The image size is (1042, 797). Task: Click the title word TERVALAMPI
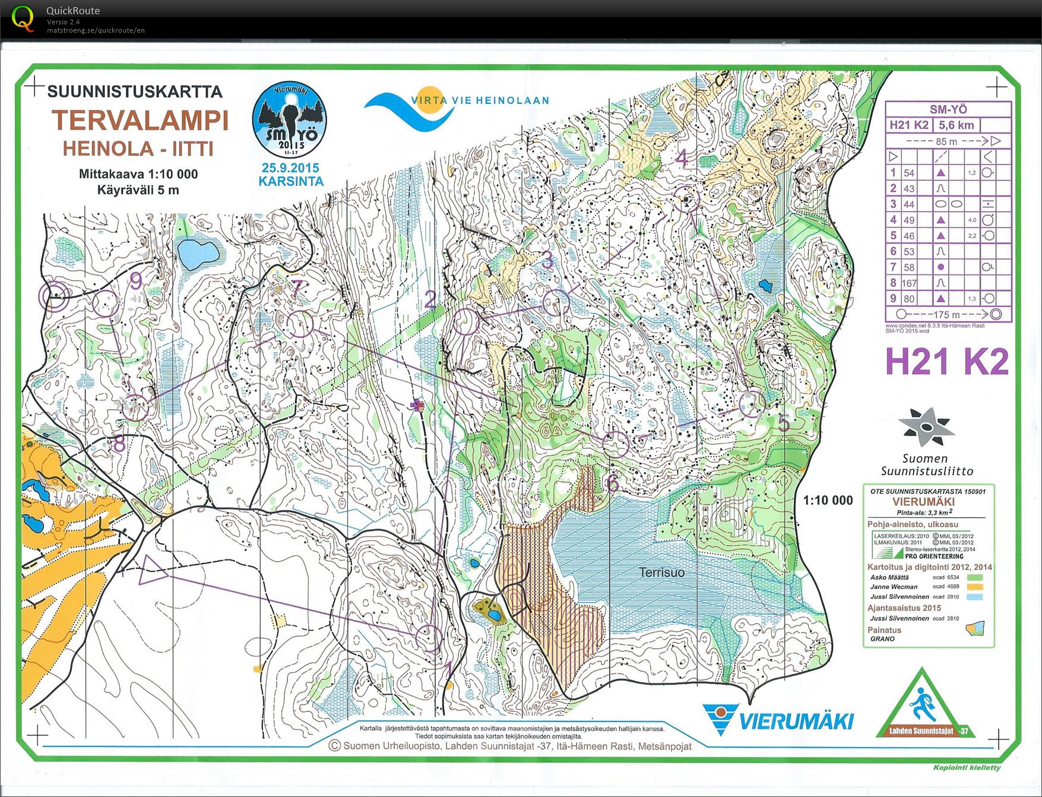pyautogui.click(x=140, y=121)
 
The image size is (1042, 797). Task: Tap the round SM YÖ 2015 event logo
pyautogui.click(x=289, y=121)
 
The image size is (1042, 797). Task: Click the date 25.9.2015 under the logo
pyautogui.click(x=290, y=168)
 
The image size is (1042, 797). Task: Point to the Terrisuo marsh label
pyautogui.click(x=661, y=573)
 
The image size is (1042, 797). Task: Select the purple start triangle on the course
pyautogui.click(x=153, y=570)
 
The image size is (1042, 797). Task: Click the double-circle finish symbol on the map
pyautogui.click(x=53, y=296)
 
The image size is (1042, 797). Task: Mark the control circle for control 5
pyautogui.click(x=752, y=404)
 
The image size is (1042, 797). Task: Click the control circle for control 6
pyautogui.click(x=615, y=444)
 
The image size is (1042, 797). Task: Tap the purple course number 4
pyautogui.click(x=682, y=158)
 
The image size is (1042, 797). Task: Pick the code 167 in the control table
pyautogui.click(x=909, y=283)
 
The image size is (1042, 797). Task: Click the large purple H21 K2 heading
pyautogui.click(x=946, y=361)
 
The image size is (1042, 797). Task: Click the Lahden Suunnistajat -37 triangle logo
pyautogui.click(x=921, y=707)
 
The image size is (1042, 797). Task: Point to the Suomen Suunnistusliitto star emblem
pyautogui.click(x=925, y=426)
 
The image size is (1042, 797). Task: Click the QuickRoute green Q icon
pyautogui.click(x=23, y=19)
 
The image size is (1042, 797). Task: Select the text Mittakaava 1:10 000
pyautogui.click(x=138, y=174)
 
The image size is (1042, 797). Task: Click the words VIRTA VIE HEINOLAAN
pyautogui.click(x=480, y=100)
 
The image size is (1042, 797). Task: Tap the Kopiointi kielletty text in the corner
pyautogui.click(x=967, y=767)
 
